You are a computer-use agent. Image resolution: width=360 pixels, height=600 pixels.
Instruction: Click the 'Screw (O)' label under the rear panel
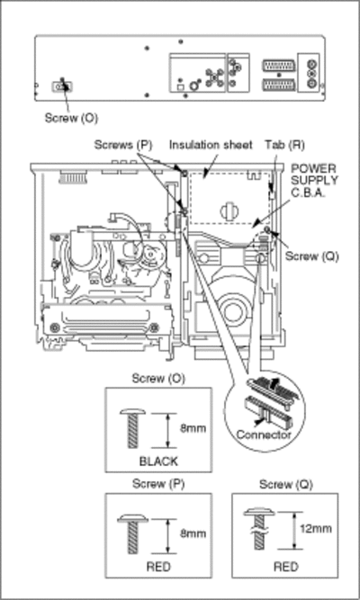pos(71,118)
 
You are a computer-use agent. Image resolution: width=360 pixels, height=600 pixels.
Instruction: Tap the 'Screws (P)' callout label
pos(123,145)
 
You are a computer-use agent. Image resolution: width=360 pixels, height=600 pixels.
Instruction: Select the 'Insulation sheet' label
pos(211,145)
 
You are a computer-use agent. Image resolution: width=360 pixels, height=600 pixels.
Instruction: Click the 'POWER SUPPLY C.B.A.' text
pos(314,180)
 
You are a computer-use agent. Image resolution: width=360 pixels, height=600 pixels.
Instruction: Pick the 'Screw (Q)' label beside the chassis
pos(312,256)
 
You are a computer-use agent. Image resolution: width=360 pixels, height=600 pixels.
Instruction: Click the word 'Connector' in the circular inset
pos(264,434)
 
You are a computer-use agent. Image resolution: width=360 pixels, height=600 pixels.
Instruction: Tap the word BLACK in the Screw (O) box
pos(158,461)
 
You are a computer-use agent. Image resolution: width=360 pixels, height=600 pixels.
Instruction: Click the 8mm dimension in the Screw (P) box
pos(193,533)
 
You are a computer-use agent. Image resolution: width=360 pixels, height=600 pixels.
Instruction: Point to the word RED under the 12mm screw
pos(285,567)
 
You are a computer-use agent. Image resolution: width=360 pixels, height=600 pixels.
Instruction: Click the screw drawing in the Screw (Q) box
pos(259,529)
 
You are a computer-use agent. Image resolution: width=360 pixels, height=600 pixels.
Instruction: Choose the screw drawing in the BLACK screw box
pos(132,428)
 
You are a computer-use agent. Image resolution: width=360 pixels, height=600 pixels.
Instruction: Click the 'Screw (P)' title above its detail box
pos(158,484)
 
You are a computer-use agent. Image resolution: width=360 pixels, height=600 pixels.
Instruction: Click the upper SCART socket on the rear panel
pos(278,66)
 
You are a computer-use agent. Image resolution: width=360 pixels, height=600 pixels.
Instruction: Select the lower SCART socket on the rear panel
pos(278,85)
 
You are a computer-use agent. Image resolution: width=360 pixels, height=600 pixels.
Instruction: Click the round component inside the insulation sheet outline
pos(229,210)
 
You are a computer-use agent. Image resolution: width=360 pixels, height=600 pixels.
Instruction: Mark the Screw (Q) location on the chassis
pos(267,229)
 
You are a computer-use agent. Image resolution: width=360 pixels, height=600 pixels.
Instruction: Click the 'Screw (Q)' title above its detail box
pos(286,485)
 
